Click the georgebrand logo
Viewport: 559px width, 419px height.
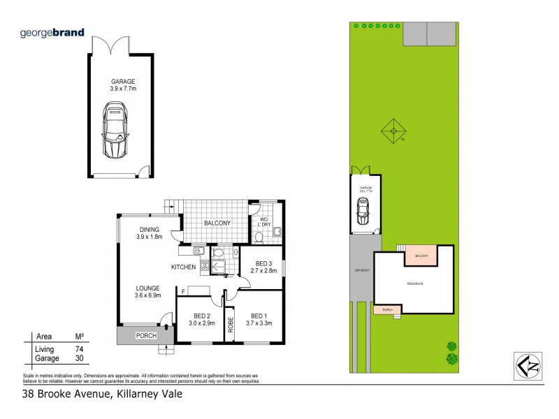(52, 32)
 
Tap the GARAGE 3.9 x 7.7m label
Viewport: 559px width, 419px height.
(123, 85)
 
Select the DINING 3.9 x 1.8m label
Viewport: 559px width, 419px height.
(149, 233)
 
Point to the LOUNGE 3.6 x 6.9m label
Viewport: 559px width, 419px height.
(147, 292)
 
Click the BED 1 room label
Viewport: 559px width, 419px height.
(259, 319)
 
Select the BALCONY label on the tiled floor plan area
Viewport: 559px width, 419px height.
(217, 223)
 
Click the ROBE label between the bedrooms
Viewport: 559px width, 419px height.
(229, 325)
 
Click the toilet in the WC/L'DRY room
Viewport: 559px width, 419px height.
(259, 237)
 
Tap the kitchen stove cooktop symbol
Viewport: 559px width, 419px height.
(205, 265)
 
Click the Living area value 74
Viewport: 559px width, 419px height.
(80, 348)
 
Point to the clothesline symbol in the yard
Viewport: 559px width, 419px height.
(393, 130)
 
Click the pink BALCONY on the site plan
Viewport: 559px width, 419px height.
(421, 256)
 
